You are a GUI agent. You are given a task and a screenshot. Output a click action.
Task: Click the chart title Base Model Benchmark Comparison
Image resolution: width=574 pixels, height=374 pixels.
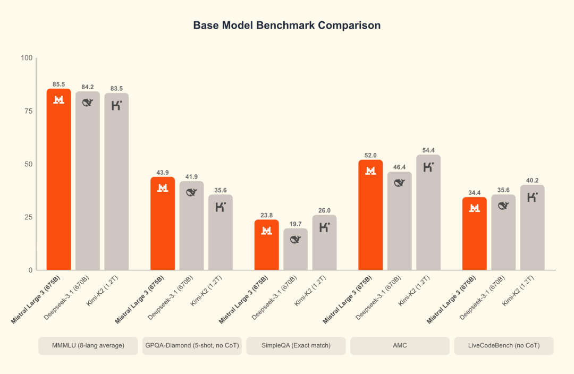click(x=286, y=25)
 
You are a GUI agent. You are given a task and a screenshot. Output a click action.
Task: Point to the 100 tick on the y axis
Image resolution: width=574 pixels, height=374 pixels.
click(x=27, y=58)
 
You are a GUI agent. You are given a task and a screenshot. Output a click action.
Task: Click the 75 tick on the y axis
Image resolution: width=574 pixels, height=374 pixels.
click(x=28, y=111)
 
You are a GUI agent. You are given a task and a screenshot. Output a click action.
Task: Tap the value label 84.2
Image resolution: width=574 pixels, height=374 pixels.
click(x=87, y=87)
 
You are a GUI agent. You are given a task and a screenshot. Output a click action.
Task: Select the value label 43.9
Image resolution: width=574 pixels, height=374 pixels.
click(x=163, y=173)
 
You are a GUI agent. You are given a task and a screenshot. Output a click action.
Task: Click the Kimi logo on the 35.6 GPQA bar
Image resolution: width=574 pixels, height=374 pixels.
click(x=221, y=207)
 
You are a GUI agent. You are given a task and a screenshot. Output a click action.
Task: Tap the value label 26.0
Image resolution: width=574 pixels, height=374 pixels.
click(x=324, y=210)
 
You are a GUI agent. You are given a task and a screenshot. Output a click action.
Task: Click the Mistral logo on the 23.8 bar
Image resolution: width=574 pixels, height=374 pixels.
click(x=267, y=230)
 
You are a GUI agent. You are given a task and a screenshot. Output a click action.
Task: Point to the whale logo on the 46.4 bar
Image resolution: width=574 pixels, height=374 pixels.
click(x=399, y=183)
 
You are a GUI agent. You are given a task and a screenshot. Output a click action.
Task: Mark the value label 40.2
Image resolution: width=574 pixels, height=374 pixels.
click(x=532, y=180)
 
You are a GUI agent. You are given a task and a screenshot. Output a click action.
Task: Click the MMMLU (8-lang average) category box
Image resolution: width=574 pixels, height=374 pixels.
click(x=88, y=346)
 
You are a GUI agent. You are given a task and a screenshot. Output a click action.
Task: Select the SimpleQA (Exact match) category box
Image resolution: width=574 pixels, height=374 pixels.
click(x=296, y=346)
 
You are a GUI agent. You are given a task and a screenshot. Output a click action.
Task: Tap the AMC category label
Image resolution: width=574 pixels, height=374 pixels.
click(x=399, y=346)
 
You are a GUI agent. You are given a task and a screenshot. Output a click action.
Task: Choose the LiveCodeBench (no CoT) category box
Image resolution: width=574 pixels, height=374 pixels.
click(x=503, y=346)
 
